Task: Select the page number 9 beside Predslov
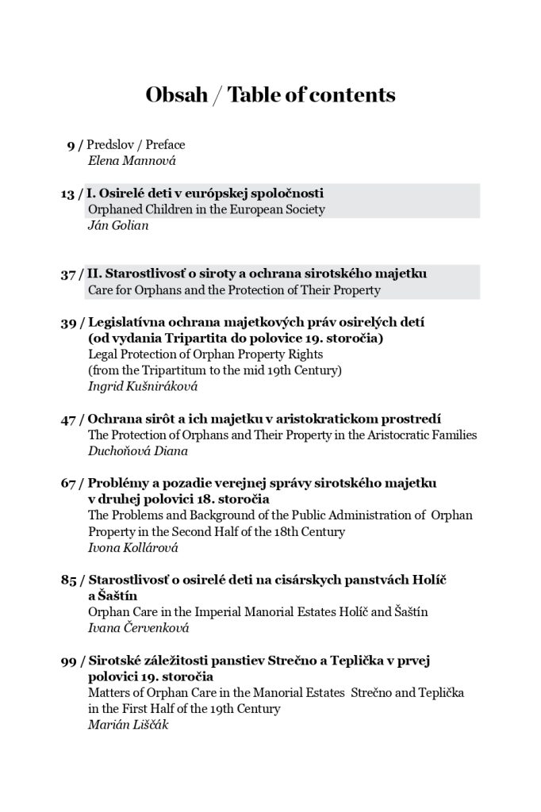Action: tap(71, 146)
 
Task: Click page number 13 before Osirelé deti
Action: tap(67, 194)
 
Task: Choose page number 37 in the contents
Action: tap(67, 274)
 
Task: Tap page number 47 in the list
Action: tap(67, 419)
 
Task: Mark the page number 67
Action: tap(67, 484)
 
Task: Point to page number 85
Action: tap(67, 580)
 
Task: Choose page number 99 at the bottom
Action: tap(67, 661)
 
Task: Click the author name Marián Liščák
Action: tap(127, 725)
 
